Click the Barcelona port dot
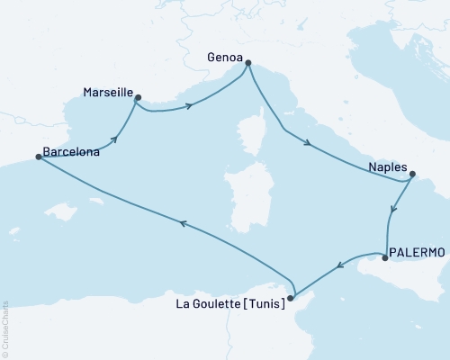[38, 157]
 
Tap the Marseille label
[107, 93]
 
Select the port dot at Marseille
[138, 97]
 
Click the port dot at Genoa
[248, 63]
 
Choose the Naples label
[388, 167]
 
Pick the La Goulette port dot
[290, 298]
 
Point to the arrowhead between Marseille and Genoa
[190, 106]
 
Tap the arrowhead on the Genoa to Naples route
[309, 144]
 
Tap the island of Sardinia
[242, 193]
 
